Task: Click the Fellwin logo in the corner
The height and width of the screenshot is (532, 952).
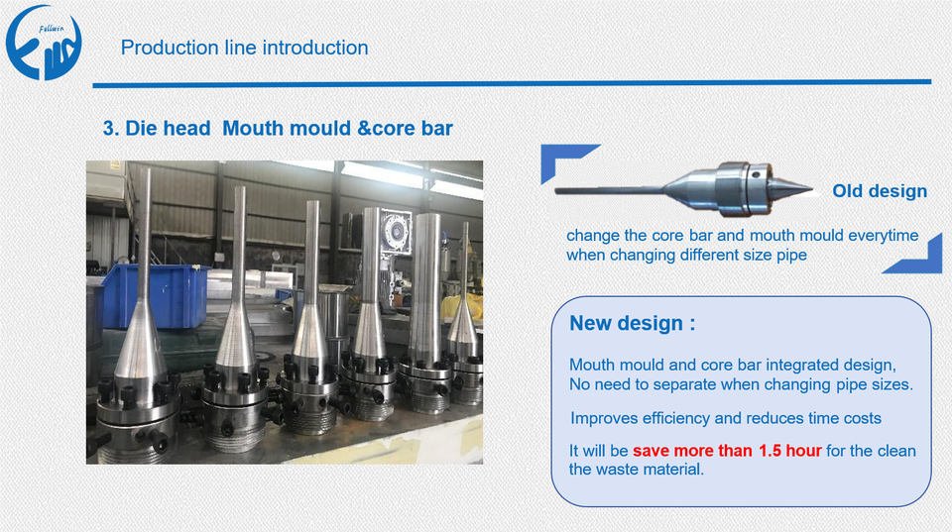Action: coord(44,43)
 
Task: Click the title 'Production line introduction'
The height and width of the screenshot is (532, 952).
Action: coord(244,48)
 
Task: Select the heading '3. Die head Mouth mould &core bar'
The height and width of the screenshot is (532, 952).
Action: coord(278,128)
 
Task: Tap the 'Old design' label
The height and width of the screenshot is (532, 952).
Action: coord(880,191)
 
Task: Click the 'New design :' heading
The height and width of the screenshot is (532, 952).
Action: coord(632,323)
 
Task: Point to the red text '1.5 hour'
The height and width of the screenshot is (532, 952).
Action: coord(790,451)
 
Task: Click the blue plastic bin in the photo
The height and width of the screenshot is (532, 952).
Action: coord(155,295)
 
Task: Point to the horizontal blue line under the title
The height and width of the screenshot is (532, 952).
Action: coord(512,83)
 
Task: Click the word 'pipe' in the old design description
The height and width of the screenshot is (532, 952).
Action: coord(791,256)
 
